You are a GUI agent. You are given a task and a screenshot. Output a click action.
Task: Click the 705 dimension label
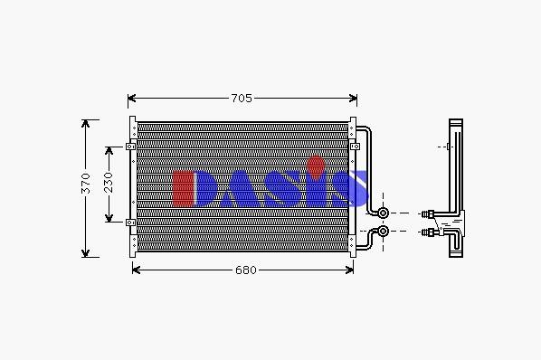(x=242, y=99)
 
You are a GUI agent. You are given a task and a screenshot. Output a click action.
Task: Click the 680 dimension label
(x=246, y=270)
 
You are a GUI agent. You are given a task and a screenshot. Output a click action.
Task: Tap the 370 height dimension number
(x=85, y=184)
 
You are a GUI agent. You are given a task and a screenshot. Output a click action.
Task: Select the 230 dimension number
(x=109, y=183)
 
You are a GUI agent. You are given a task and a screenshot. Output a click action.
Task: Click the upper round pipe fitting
(x=383, y=213)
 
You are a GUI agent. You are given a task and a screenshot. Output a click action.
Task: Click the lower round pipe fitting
(x=383, y=231)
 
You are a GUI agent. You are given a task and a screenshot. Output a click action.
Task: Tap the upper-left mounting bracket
(x=131, y=147)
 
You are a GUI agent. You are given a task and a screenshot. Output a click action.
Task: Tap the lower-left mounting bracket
(x=131, y=223)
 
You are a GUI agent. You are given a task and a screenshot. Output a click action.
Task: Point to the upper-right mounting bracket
(x=355, y=147)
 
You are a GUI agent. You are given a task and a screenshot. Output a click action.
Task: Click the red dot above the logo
(x=316, y=168)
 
